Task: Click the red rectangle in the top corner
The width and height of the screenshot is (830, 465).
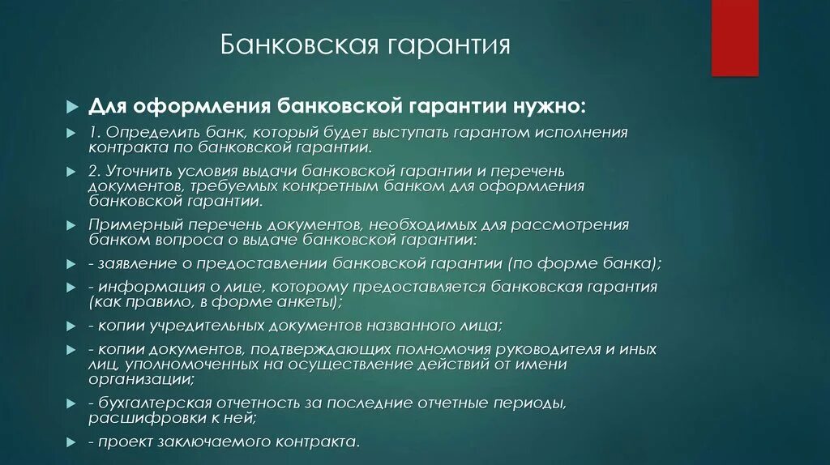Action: pyautogui.click(x=734, y=37)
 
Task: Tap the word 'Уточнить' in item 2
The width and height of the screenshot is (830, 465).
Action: pyautogui.click(x=139, y=172)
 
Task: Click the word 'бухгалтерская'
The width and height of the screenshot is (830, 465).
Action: pyautogui.click(x=150, y=403)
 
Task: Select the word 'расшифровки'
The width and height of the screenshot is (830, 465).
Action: pyautogui.click(x=138, y=417)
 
